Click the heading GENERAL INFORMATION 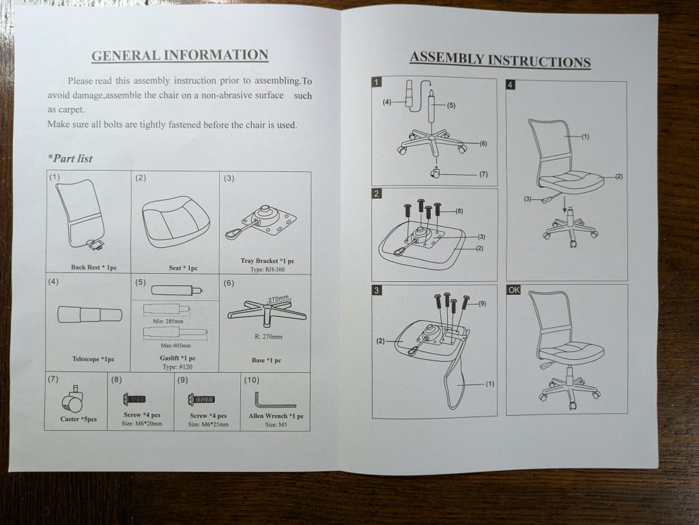180,55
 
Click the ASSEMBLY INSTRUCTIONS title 500,59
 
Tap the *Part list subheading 70,158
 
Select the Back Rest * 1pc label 94,268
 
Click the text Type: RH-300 268,270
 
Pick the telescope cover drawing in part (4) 89,315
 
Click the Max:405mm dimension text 175,345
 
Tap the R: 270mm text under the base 268,337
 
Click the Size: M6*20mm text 142,423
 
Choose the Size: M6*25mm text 208,424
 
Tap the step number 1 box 377,82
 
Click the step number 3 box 377,291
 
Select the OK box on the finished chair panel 514,289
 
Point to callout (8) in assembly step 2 459,211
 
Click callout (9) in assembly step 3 482,303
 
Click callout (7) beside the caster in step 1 484,174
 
